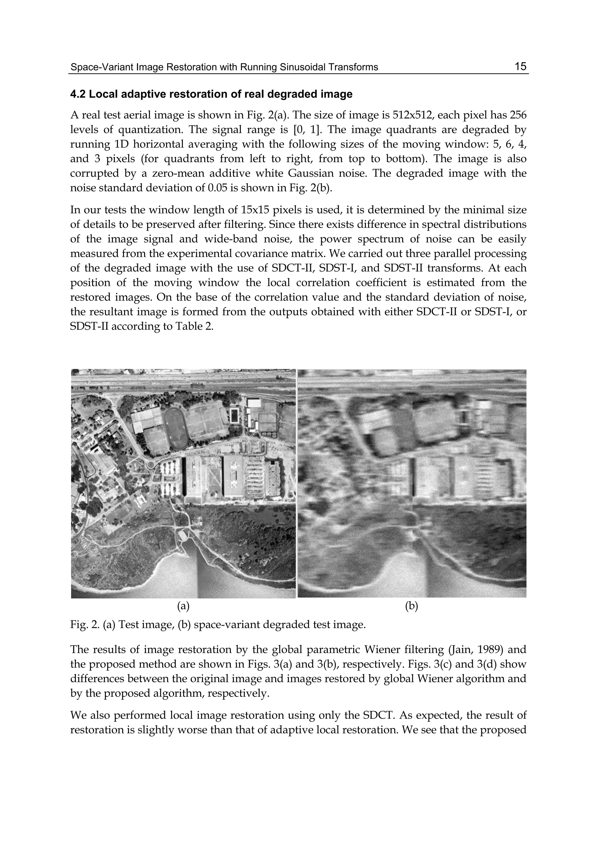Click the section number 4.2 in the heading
[x=78, y=94]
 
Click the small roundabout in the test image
[x=150, y=465]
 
